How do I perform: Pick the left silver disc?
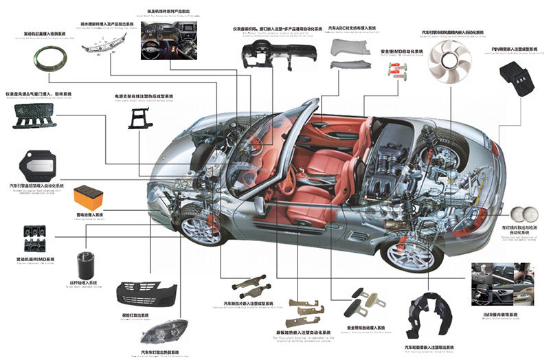point(519,214)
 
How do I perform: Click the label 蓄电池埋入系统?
point(90,214)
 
